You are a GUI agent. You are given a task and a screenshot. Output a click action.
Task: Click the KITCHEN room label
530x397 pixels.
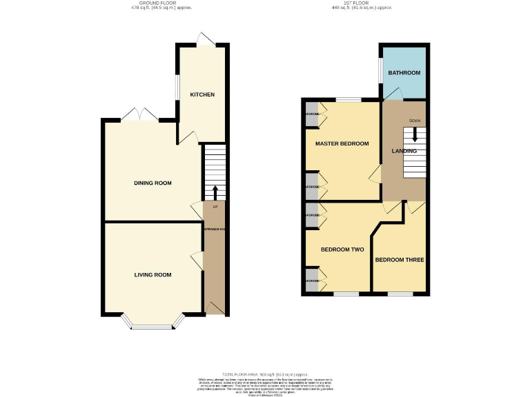tap(202, 94)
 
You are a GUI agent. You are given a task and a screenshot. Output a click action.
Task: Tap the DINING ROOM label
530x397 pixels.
tap(153, 183)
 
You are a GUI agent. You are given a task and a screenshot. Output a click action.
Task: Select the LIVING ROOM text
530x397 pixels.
tap(153, 274)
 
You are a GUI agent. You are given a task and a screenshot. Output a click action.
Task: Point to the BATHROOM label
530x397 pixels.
tap(404, 72)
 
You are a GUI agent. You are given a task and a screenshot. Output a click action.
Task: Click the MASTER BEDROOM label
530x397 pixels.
tap(342, 144)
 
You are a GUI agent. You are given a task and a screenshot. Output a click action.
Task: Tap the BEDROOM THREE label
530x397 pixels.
tap(400, 260)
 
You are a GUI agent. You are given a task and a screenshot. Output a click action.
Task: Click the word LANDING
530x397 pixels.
tap(404, 151)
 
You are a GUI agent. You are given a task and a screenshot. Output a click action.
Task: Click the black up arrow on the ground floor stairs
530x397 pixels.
tap(215, 192)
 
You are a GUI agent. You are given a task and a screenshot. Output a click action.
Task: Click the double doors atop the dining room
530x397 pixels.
tap(140, 114)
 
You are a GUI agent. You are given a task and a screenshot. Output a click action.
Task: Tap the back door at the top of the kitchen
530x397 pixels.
tap(204, 41)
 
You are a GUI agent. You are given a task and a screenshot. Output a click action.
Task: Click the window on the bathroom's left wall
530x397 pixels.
tap(380, 72)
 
